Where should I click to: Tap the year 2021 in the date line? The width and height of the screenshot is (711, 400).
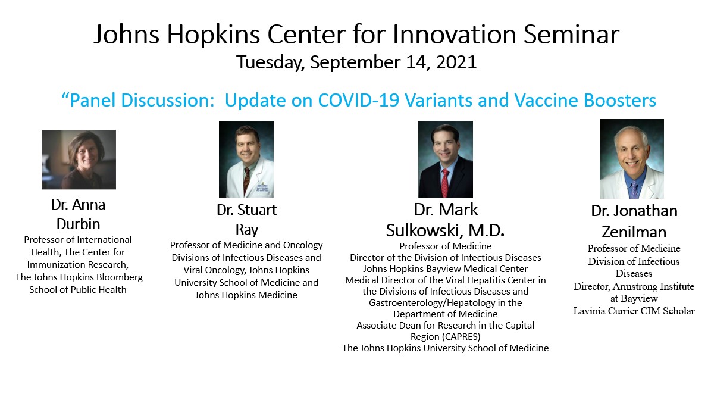tap(456, 62)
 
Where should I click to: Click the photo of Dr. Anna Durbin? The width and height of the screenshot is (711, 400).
tap(79, 160)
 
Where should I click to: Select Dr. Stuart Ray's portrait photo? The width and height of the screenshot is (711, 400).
tap(246, 159)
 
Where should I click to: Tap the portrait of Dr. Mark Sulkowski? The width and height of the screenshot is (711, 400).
tap(445, 159)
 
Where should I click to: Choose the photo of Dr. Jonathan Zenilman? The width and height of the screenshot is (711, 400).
tap(632, 159)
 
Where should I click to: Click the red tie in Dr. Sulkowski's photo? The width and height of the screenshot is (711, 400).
tap(445, 184)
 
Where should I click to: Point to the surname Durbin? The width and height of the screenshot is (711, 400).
tap(78, 224)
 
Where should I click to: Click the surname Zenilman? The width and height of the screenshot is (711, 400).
tap(634, 232)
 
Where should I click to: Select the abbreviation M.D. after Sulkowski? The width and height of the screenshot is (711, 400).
tap(486, 231)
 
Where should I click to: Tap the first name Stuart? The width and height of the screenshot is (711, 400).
tap(257, 210)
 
